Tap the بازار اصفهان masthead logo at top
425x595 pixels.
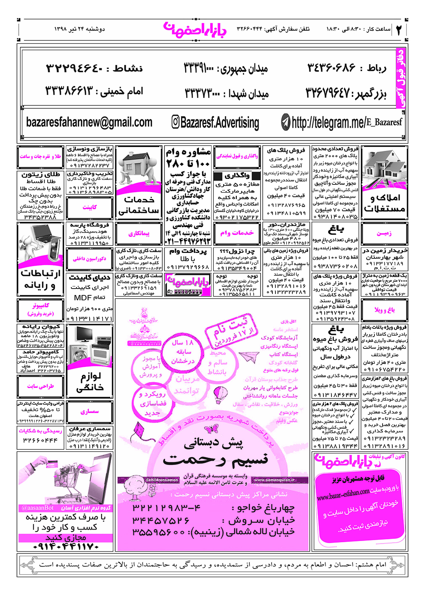point(195,29)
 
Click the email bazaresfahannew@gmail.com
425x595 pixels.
point(89,122)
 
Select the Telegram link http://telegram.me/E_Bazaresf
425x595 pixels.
point(342,123)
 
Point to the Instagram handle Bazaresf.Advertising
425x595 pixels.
point(215,123)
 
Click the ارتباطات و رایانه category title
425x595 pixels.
point(41,279)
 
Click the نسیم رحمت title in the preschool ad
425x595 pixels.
point(215,459)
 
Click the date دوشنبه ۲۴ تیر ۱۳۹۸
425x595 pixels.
point(79,29)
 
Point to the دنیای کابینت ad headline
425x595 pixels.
point(90,278)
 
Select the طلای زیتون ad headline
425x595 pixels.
point(41,175)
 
